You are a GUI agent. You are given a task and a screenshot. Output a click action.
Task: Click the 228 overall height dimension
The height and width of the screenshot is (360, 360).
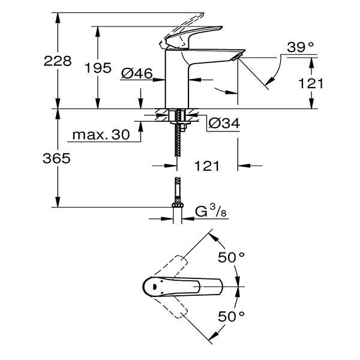pos(58,61)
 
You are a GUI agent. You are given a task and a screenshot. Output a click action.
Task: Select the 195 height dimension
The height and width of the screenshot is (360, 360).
pos(98,68)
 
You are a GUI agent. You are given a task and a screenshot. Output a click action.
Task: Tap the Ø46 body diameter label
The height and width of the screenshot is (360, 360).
pos(136,74)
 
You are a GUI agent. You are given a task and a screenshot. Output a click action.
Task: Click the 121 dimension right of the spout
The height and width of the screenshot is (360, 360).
pos(311,83)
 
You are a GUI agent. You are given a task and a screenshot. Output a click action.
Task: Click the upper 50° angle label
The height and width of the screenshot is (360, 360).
pos(230,257)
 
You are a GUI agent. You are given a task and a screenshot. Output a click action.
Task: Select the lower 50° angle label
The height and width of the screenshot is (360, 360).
pos(230,316)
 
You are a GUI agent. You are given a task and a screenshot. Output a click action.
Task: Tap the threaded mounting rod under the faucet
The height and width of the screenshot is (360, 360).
pos(177,141)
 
